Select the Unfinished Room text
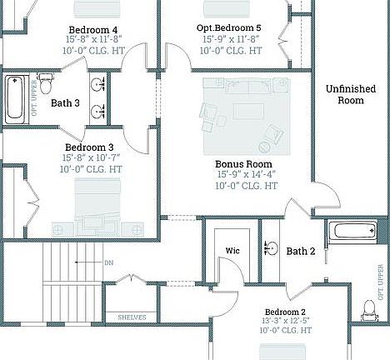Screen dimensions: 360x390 350,94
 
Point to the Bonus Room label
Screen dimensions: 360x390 244,164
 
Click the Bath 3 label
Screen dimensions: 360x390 65,103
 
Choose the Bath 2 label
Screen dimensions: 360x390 301,251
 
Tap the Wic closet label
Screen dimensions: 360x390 233,251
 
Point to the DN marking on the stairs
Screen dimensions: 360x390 109,262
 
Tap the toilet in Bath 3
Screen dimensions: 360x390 47,84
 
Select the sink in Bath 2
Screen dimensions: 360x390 272,247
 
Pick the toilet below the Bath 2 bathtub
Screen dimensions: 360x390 369,312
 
